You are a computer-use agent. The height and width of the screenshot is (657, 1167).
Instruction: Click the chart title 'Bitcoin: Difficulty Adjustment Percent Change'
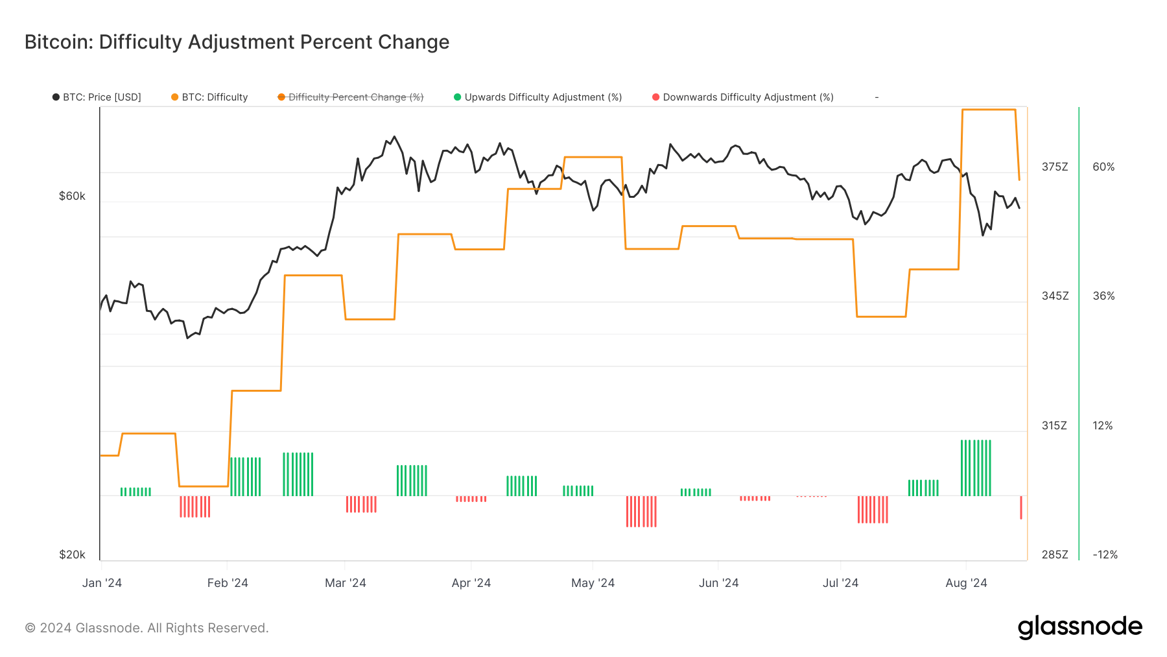(237, 42)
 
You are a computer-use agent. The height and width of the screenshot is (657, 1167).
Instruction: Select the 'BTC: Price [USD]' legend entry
(97, 97)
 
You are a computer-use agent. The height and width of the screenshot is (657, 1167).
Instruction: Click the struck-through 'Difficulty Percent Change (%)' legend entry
(351, 97)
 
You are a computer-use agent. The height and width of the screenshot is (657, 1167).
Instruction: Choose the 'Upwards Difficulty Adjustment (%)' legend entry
(538, 97)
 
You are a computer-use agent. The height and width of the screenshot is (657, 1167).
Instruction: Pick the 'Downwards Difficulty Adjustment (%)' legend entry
(743, 97)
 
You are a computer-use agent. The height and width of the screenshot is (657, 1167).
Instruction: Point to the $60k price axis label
(72, 196)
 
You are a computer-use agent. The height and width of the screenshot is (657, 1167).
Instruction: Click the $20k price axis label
(72, 555)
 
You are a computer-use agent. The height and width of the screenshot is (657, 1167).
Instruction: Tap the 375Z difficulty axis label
(1055, 167)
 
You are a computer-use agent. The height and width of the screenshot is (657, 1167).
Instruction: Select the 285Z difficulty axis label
(1055, 555)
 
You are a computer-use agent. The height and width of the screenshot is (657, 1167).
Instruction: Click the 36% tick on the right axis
(1103, 296)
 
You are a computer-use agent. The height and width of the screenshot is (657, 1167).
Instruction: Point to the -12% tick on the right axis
(1105, 555)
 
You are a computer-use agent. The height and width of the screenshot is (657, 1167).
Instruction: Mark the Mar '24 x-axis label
(345, 583)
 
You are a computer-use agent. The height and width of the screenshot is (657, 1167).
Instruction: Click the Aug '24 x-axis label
(966, 583)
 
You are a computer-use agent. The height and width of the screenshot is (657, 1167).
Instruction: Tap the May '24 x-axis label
(593, 583)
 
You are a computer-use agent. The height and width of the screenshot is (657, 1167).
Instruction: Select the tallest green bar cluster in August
(976, 468)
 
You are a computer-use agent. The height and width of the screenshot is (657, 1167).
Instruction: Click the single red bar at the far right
(1021, 507)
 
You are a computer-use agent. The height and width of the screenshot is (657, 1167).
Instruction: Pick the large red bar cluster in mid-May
(641, 511)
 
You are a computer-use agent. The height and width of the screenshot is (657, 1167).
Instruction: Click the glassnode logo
(1079, 627)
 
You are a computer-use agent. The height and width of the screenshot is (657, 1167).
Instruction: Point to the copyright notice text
(147, 628)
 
